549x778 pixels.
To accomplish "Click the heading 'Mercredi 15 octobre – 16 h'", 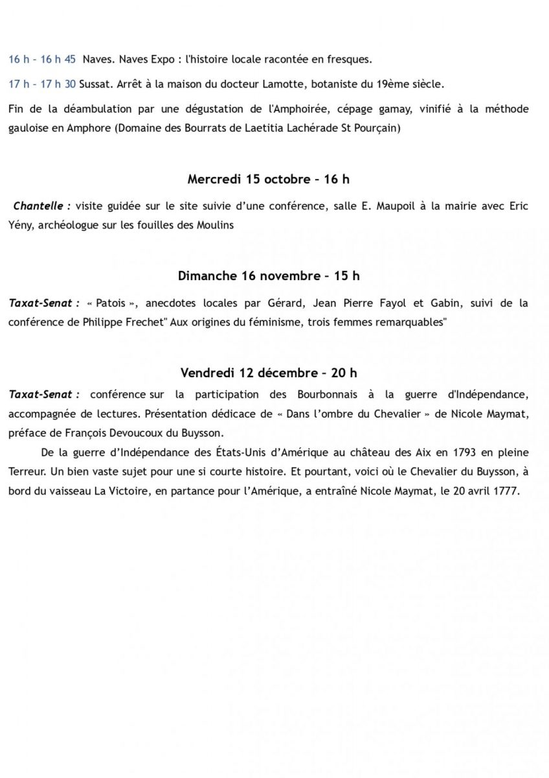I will pos(269,179).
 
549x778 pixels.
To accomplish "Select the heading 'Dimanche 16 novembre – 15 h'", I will pos(269,276).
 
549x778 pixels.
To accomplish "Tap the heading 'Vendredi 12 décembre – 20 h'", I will pos(269,373).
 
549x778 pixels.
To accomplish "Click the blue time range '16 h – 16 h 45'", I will pos(42,60).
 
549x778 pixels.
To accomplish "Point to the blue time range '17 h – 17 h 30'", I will pos(42,84).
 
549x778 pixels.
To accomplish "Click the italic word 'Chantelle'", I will pos(39,206).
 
